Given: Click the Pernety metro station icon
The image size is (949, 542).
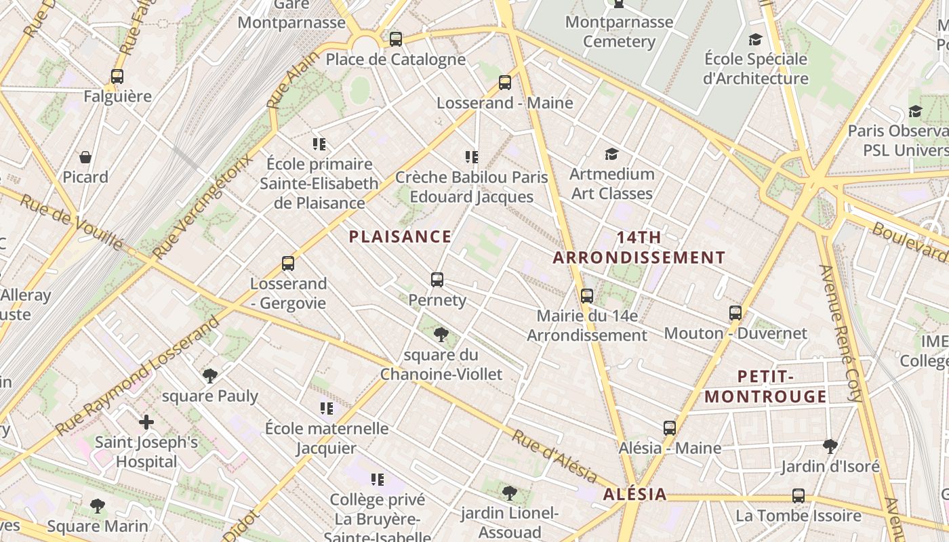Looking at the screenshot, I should tap(437, 279).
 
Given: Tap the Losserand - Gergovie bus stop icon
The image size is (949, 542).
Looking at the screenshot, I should tap(288, 263).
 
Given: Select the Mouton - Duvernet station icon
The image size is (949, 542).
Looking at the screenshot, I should tap(735, 313).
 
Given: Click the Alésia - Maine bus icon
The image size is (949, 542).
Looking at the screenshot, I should tap(670, 428).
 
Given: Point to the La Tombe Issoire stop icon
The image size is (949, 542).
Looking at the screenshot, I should tap(799, 495).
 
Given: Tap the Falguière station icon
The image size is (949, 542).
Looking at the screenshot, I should tap(117, 76).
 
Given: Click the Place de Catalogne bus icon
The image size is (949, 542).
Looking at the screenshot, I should tap(396, 39).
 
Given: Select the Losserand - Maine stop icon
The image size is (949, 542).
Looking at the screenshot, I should tap(505, 83).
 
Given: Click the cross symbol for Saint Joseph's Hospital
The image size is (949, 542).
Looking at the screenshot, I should tap(146, 422).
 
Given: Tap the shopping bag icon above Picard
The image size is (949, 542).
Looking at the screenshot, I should tap(85, 157).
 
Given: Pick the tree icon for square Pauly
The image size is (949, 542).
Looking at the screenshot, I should tap(210, 375).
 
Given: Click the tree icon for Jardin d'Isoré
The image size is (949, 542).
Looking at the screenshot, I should tap(830, 446).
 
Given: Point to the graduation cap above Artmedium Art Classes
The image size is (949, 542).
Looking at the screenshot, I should tap(611, 154).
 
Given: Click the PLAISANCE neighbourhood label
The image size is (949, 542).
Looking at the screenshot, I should tap(400, 236).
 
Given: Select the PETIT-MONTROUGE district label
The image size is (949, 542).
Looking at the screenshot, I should tap(766, 386).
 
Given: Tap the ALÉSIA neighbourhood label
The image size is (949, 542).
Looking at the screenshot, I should tap(635, 494).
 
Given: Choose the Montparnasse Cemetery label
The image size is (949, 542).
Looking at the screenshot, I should tap(619, 32).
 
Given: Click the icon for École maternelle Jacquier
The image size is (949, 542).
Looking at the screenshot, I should tap(327, 408).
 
